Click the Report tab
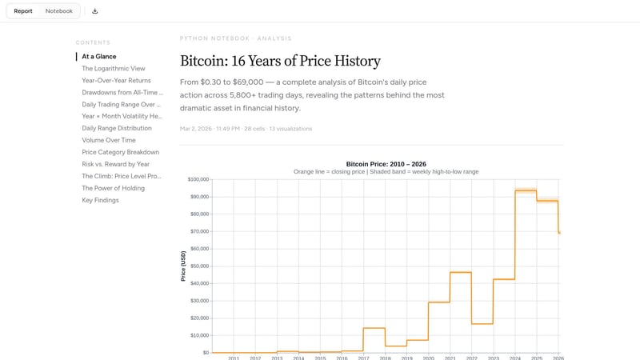pyautogui.click(x=23, y=11)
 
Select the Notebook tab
pyautogui.click(x=58, y=11)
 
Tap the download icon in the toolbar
pyautogui.click(x=95, y=11)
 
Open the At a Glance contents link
pyautogui.click(x=99, y=57)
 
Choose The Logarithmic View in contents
pyautogui.click(x=114, y=69)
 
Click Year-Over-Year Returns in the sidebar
pyautogui.click(x=116, y=81)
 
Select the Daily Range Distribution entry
pyautogui.click(x=117, y=128)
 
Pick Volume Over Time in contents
pyautogui.click(x=109, y=140)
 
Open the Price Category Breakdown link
pyautogui.click(x=120, y=152)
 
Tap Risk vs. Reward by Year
pyautogui.click(x=115, y=164)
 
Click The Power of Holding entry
pyautogui.click(x=113, y=188)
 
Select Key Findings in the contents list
pyautogui.click(x=100, y=200)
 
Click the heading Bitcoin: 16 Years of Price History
pyautogui.click(x=280, y=62)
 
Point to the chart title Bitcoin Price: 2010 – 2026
pyautogui.click(x=386, y=164)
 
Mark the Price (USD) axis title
pyautogui.click(x=183, y=266)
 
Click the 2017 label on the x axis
pyautogui.click(x=363, y=358)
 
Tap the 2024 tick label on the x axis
pyautogui.click(x=515, y=358)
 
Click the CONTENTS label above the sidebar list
pyautogui.click(x=93, y=42)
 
